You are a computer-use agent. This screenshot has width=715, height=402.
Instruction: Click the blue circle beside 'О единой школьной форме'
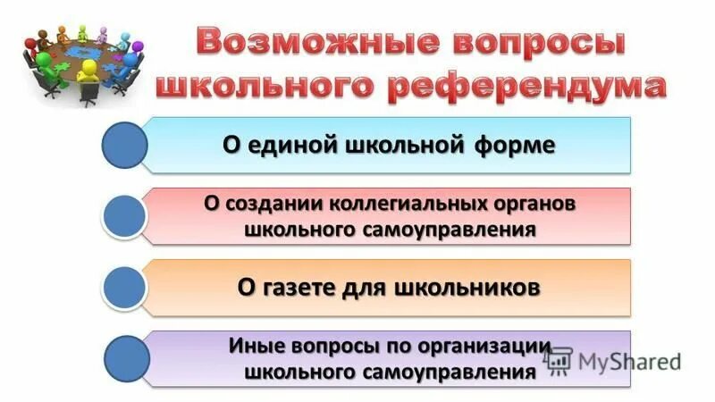[124, 146]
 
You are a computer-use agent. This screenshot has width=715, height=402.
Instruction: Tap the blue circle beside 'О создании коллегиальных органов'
[124, 216]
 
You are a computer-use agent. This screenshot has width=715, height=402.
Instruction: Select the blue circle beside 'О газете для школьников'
[124, 287]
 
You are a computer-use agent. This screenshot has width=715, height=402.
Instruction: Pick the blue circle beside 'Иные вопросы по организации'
[124, 358]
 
